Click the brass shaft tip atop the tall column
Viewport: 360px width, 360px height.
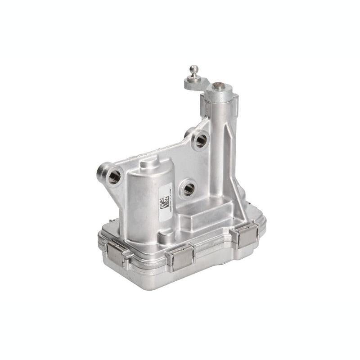(219, 85)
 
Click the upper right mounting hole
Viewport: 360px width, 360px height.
(201, 141)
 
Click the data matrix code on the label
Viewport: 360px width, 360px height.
(165, 203)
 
